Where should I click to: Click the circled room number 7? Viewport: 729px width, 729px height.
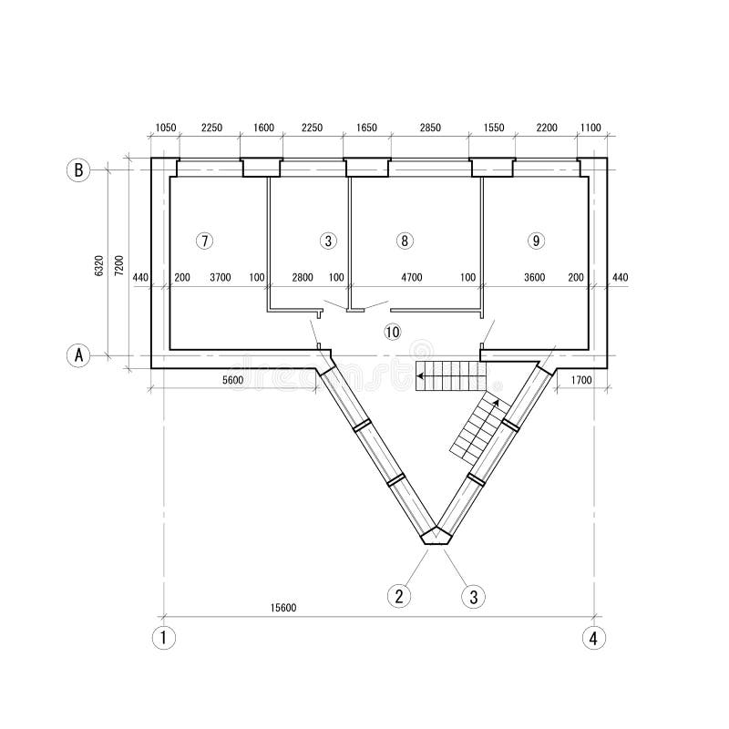[x=205, y=241]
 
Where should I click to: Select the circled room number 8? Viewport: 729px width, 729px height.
[x=406, y=241]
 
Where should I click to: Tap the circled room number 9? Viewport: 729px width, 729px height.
[x=536, y=241]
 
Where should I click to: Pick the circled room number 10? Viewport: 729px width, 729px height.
[x=393, y=332]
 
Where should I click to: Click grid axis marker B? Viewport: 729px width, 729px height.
[x=79, y=170]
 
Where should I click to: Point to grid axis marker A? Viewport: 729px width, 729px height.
[x=79, y=356]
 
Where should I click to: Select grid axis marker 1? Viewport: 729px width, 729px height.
[x=163, y=638]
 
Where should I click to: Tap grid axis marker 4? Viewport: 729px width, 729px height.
[x=593, y=638]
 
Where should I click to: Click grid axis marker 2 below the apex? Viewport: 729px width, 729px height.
[x=398, y=597]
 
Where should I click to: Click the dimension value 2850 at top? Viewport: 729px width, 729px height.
[x=428, y=128]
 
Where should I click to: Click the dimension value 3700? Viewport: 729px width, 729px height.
[x=221, y=277]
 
